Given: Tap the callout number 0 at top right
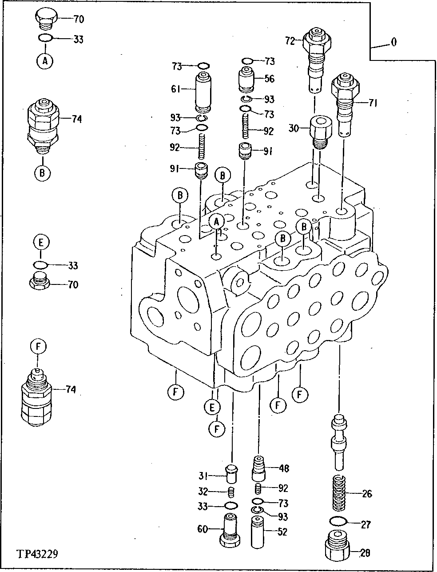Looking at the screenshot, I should click(393, 42).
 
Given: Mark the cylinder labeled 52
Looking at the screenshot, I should click(258, 532).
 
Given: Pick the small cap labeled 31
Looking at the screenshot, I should click(231, 475).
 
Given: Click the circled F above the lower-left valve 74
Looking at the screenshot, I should click(38, 346).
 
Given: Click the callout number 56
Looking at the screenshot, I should click(270, 79).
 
